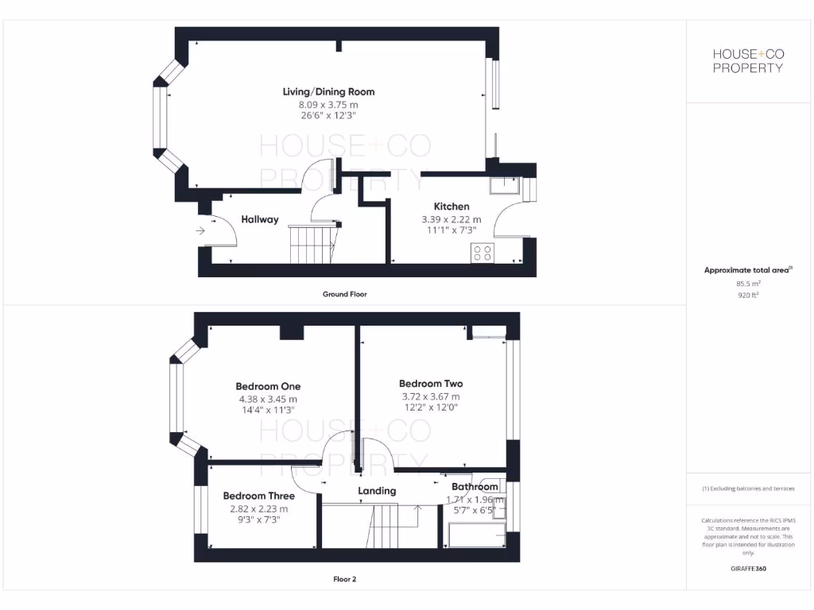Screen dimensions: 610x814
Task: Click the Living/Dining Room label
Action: [329, 91]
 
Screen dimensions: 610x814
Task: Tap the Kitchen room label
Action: [451, 207]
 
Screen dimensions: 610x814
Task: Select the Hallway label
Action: [260, 219]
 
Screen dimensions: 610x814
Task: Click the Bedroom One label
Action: [268, 387]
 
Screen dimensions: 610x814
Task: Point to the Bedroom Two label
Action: [431, 383]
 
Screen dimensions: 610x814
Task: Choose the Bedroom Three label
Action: [258, 496]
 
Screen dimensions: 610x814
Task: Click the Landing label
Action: [377, 491]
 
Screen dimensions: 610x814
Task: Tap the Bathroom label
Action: [475, 487]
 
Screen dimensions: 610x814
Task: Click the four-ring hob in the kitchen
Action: [483, 253]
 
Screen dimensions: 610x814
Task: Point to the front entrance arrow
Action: [200, 231]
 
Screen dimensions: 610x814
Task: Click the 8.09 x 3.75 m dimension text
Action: [329, 104]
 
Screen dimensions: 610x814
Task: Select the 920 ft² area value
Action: [747, 295]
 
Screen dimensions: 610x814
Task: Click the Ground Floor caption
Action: [344, 294]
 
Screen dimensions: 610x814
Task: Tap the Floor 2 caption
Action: [344, 579]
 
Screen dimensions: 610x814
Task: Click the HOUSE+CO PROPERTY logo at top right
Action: [747, 61]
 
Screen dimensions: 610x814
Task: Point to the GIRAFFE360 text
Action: [747, 569]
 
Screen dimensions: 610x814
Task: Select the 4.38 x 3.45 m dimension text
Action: [268, 399]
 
